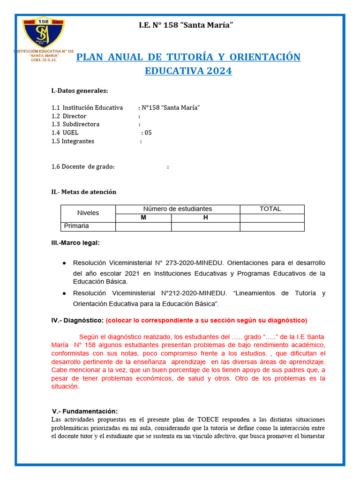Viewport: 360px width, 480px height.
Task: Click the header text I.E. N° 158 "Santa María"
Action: (x=186, y=25)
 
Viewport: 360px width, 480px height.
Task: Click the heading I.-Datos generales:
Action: (x=80, y=90)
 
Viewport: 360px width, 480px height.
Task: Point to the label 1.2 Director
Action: (x=69, y=116)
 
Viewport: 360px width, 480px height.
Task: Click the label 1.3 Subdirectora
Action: (x=75, y=124)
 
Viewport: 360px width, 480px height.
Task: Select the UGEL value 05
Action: (x=148, y=133)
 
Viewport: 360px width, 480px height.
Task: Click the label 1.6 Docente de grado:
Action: (x=83, y=167)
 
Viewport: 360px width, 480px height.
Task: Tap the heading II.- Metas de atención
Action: (x=83, y=192)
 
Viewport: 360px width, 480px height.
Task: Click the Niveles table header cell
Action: (x=88, y=213)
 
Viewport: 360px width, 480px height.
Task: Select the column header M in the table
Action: (x=143, y=217)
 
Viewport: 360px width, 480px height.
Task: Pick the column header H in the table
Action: (x=205, y=217)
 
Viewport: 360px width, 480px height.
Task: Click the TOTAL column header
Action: (x=270, y=209)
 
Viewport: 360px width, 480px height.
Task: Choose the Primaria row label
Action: (x=76, y=226)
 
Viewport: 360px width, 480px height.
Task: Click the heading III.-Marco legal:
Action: (x=75, y=243)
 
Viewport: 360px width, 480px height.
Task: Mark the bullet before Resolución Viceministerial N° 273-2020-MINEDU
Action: (x=64, y=263)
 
